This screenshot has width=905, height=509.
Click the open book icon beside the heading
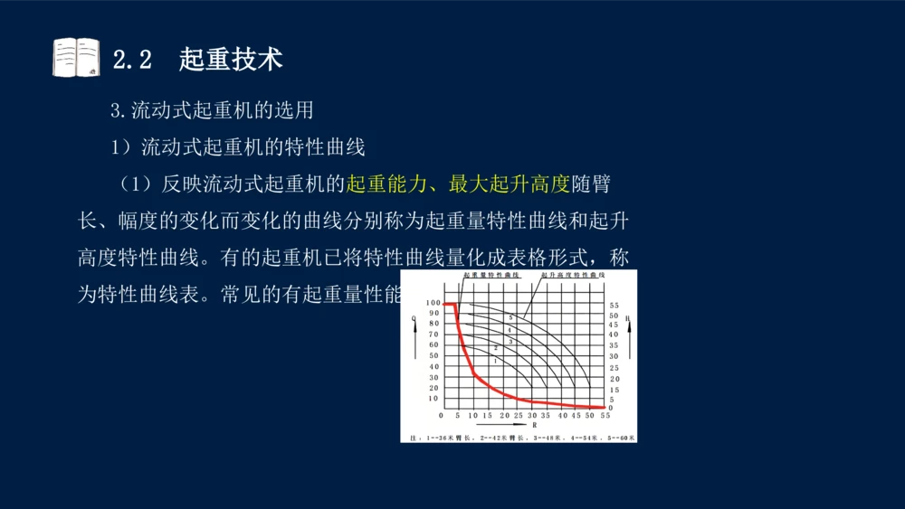[76, 58]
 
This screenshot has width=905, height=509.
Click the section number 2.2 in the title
[131, 60]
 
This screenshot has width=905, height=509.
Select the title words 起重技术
[231, 60]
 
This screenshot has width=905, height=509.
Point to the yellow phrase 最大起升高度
[510, 184]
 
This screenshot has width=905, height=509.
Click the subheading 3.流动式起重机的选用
[212, 111]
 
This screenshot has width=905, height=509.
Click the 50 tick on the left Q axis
[433, 355]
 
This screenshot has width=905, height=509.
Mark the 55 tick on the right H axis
[614, 305]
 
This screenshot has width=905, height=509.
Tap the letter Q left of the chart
[413, 318]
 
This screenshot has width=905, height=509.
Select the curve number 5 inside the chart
[510, 318]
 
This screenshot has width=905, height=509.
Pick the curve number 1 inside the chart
[495, 361]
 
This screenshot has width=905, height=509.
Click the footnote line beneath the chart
[519, 437]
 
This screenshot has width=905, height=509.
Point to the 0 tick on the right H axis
[611, 408]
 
